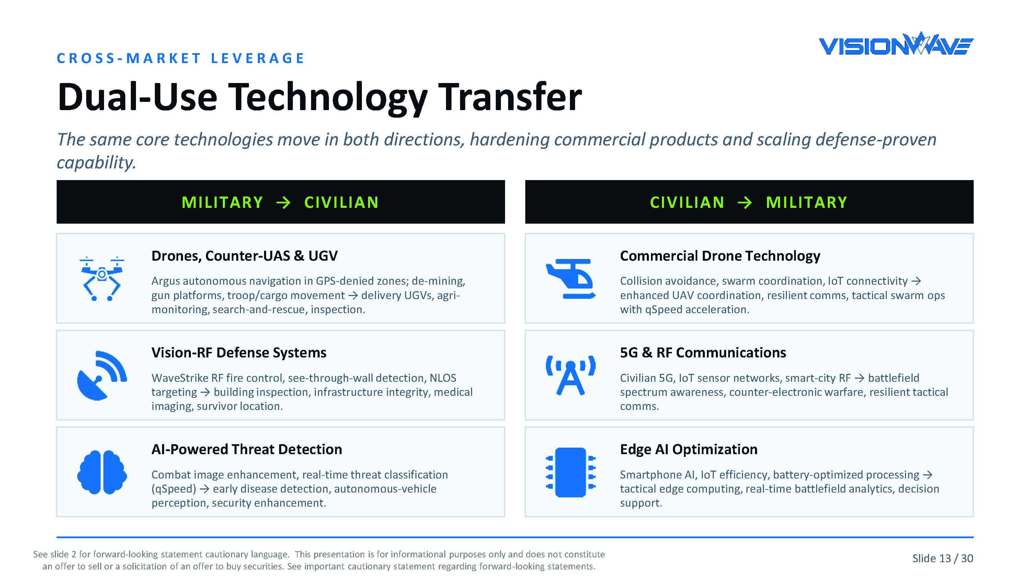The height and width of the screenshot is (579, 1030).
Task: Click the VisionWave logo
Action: pyautogui.click(x=896, y=44)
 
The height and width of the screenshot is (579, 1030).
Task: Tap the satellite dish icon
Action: pyautogui.click(x=102, y=376)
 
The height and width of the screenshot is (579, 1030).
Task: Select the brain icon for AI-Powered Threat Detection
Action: pyautogui.click(x=102, y=472)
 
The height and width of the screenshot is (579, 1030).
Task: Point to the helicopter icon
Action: pyautogui.click(x=571, y=279)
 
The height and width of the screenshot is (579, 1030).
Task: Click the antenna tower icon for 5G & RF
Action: pyautogui.click(x=571, y=376)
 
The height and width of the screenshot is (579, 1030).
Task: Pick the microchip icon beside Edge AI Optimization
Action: pyautogui.click(x=571, y=472)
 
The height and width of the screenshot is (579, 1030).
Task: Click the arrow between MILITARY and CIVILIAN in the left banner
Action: pyautogui.click(x=284, y=203)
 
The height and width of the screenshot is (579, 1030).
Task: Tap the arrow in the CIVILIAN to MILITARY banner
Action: pyautogui.click(x=744, y=203)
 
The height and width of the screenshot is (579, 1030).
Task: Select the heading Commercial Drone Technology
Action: pyautogui.click(x=720, y=256)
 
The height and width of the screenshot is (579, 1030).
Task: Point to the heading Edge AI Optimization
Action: pyautogui.click(x=688, y=450)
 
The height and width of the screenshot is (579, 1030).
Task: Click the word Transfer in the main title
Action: pyautogui.click(x=510, y=97)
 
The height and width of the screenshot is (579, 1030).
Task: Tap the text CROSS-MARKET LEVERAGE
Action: pyautogui.click(x=181, y=58)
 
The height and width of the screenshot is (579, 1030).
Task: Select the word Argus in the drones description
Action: pyautogui.click(x=165, y=282)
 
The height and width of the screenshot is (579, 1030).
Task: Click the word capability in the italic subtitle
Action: pyautogui.click(x=96, y=163)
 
